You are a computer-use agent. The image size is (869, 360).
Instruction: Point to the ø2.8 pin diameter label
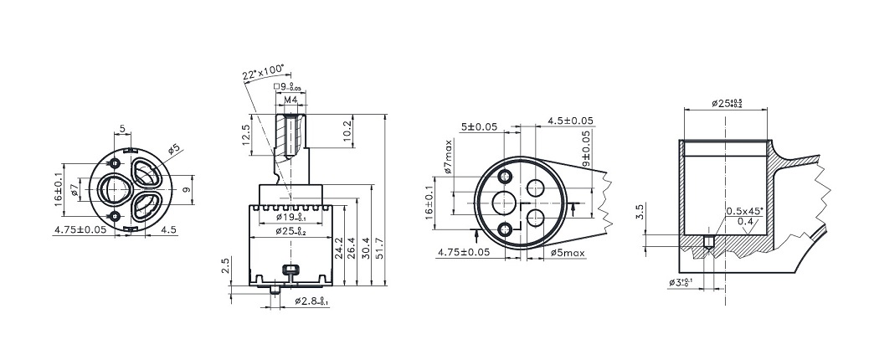coord(311,301)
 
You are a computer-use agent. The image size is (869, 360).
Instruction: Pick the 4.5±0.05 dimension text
coord(570,121)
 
